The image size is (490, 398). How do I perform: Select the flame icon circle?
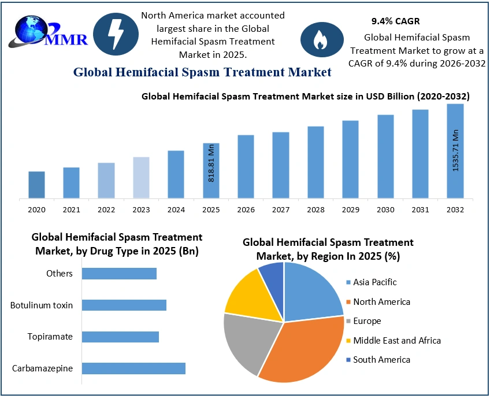[320, 39]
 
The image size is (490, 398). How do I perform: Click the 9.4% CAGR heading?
[395, 21]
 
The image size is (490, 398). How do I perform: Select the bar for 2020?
[36, 185]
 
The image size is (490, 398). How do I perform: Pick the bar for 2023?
[141, 178]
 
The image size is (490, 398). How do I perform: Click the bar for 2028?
[315, 163]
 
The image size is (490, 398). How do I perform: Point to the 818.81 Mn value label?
[211, 163]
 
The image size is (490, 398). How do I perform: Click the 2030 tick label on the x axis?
[385, 209]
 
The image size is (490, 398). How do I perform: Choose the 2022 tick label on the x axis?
[106, 209]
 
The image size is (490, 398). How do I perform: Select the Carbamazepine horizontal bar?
[133, 368]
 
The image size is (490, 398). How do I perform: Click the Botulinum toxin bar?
[124, 305]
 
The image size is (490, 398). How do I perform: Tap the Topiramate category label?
[50, 337]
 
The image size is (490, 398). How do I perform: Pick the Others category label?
[60, 273]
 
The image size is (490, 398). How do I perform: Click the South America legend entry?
[381, 360]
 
